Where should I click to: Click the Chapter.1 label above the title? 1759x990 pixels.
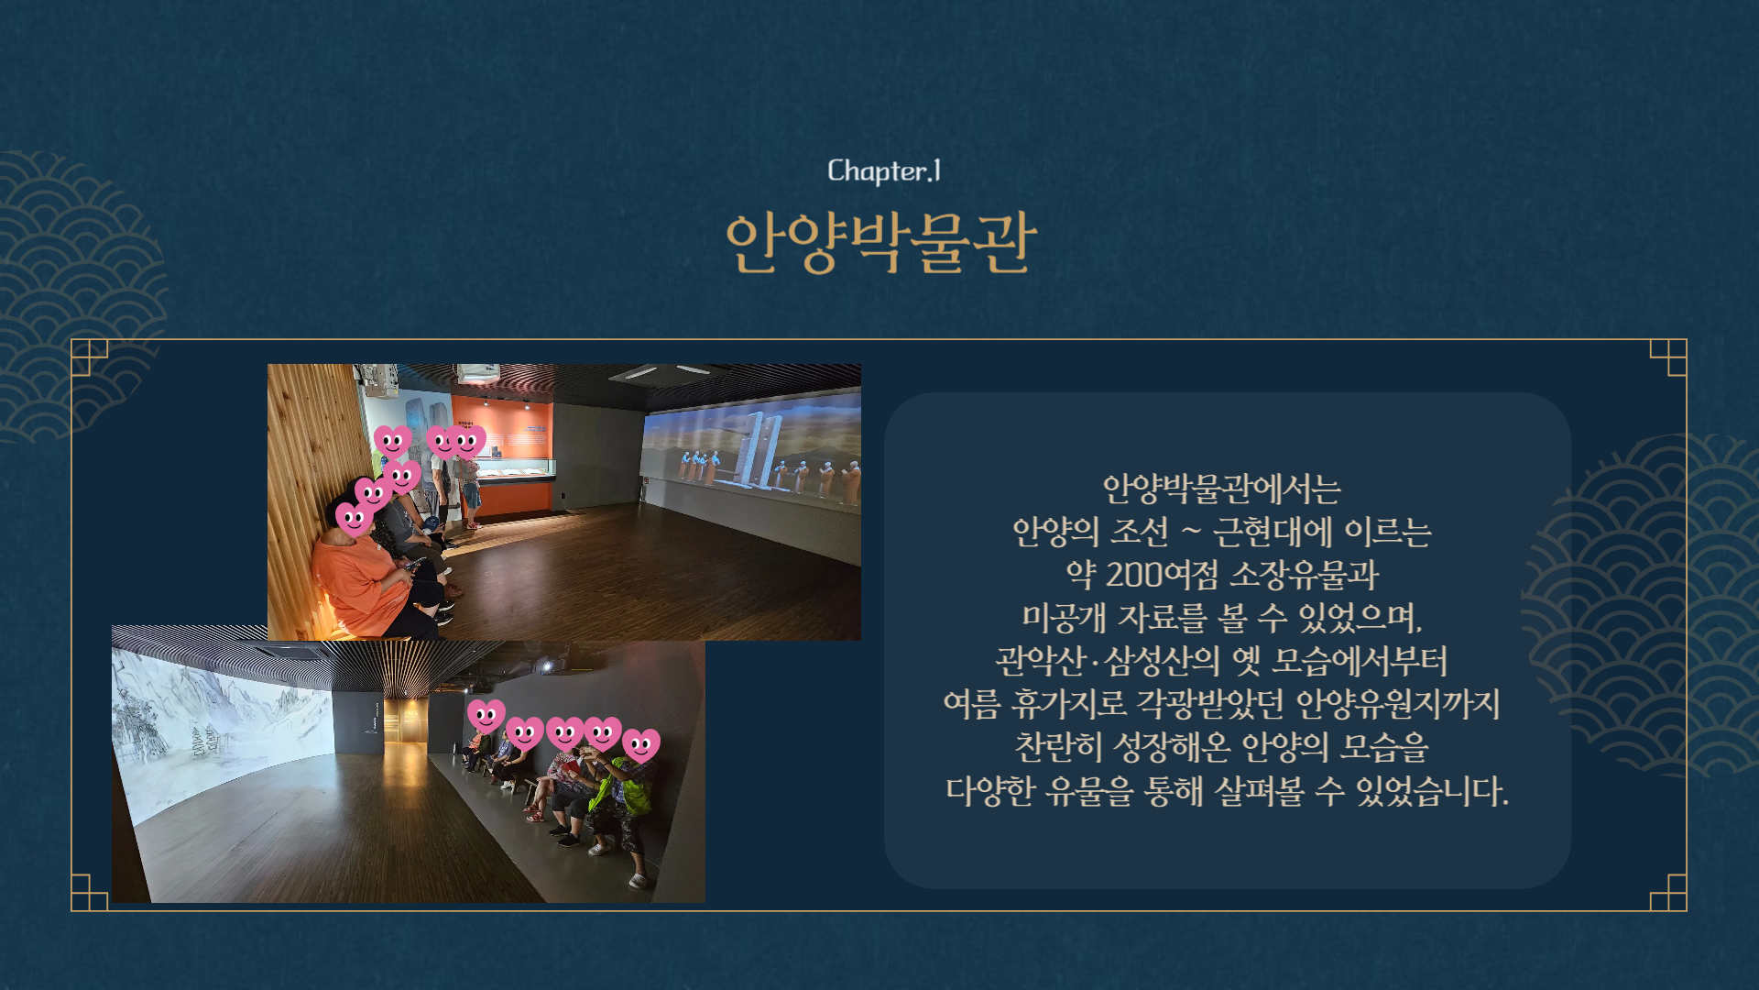click(884, 170)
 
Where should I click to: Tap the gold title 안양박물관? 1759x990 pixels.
click(880, 242)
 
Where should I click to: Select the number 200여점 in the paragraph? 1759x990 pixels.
click(1162, 575)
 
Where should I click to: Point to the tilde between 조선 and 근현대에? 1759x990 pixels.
click(1191, 532)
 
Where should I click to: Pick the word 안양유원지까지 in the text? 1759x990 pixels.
click(1398, 704)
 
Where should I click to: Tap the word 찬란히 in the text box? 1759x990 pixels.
click(1058, 747)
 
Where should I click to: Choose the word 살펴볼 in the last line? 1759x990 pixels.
click(1259, 790)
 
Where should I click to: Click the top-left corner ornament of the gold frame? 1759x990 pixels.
click(89, 357)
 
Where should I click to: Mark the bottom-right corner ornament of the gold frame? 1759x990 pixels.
click(1668, 893)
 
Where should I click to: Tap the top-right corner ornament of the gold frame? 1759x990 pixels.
click(1668, 357)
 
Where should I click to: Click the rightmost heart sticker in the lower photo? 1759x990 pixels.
click(641, 745)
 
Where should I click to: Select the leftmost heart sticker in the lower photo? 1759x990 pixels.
click(486, 716)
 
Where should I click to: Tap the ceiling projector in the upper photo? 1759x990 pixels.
click(477, 372)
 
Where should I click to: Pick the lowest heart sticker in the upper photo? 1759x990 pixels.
click(354, 520)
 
